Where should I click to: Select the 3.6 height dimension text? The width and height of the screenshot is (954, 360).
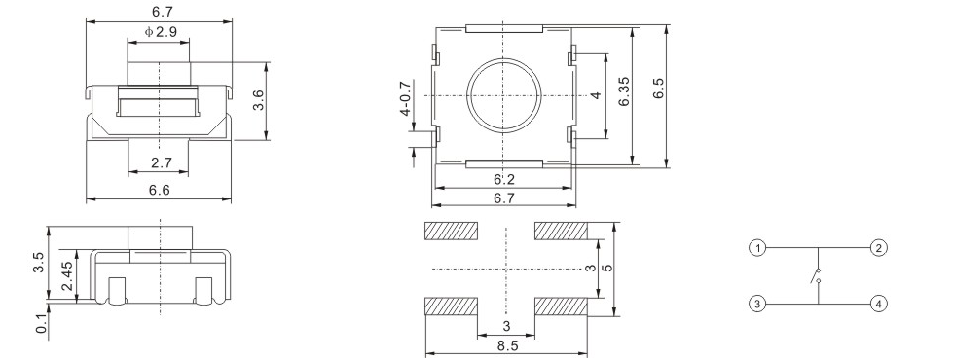click(259, 101)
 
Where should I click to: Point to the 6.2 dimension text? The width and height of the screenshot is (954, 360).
click(503, 179)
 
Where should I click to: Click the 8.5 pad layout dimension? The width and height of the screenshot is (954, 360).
click(504, 344)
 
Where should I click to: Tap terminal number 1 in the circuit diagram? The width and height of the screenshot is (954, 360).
click(758, 248)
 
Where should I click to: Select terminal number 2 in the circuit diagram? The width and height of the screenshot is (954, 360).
click(878, 248)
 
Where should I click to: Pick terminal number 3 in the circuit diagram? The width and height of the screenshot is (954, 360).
click(758, 304)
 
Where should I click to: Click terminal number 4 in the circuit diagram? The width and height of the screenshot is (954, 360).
click(878, 304)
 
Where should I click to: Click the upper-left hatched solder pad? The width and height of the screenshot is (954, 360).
click(451, 232)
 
